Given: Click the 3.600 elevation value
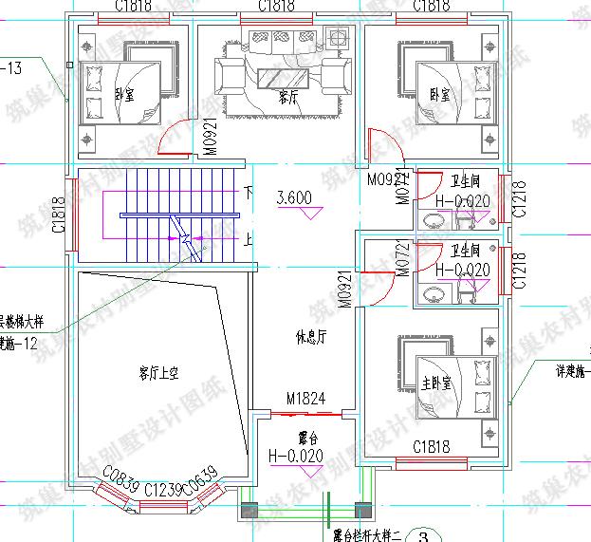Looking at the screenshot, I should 293,198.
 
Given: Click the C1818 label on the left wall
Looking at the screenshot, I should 59,215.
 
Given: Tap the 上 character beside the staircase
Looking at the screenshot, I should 249,239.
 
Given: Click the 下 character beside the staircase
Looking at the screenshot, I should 249,191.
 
